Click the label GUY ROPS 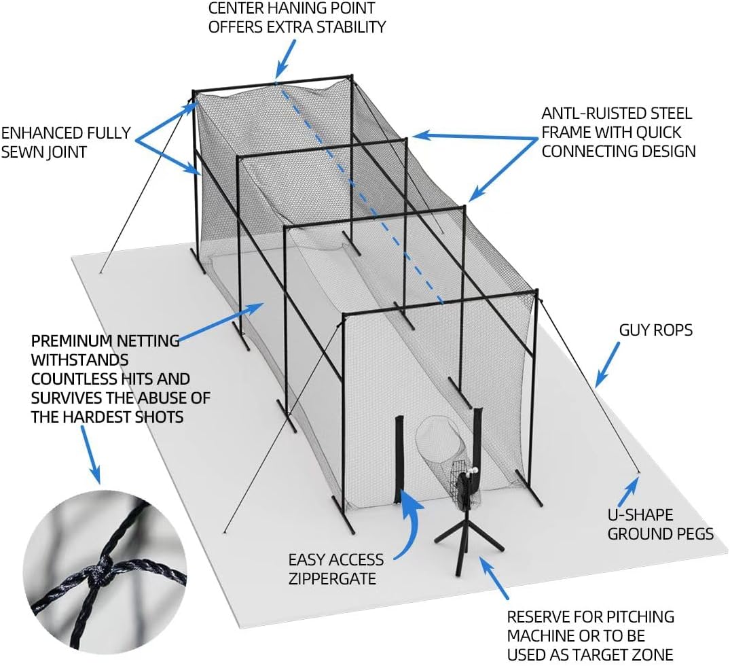coord(655,330)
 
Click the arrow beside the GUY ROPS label coord(608,364)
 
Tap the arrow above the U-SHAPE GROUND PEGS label coord(631,485)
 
